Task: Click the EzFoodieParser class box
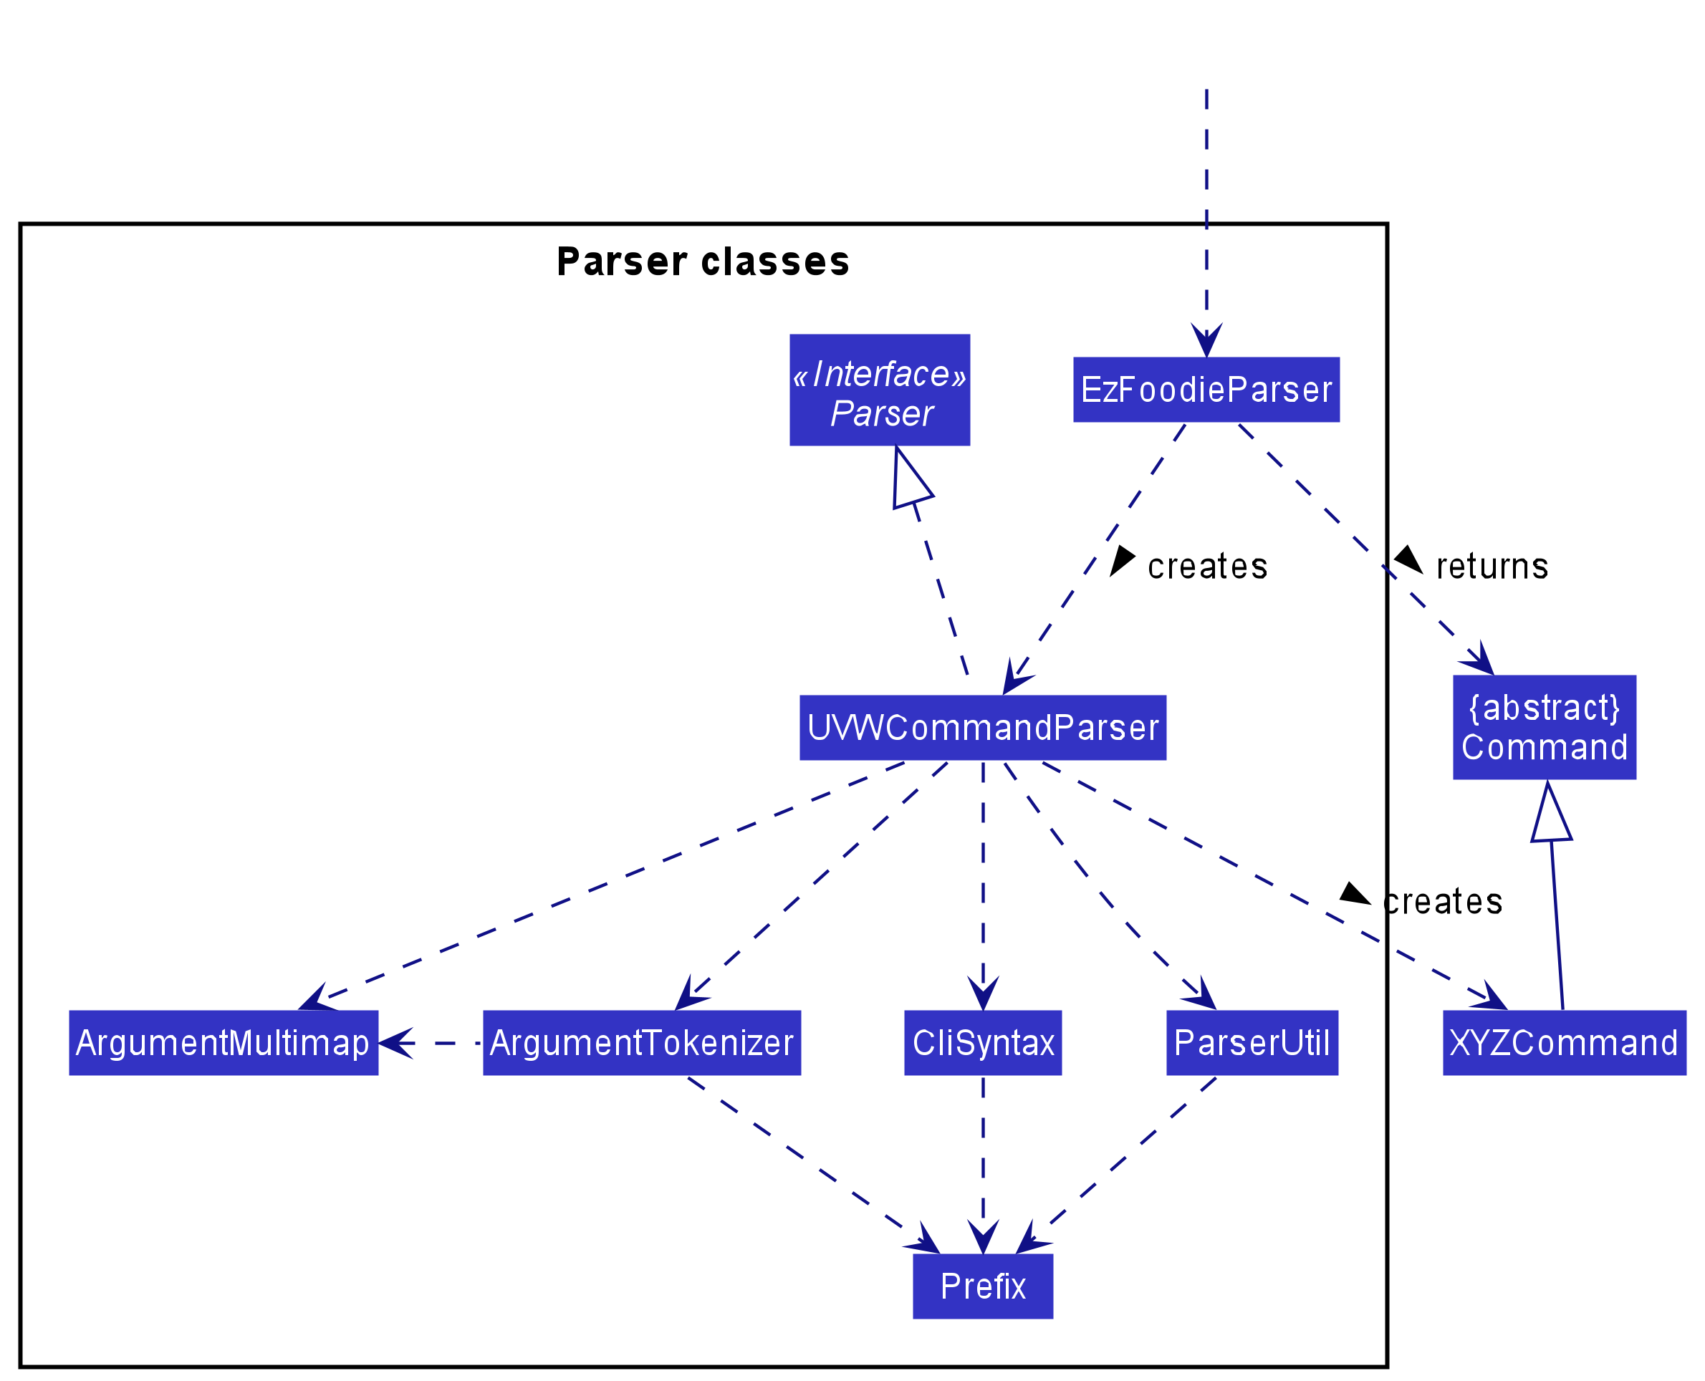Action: coord(1206,390)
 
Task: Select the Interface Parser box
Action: coord(879,390)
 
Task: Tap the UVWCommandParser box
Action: coord(983,728)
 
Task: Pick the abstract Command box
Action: coord(1545,727)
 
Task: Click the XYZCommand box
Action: coord(1564,1043)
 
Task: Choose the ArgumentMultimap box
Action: coord(224,1043)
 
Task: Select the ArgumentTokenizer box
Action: coord(641,1043)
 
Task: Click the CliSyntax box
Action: coord(983,1043)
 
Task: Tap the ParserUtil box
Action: coord(1252,1043)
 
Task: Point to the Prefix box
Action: coord(983,1286)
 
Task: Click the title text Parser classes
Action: coord(703,261)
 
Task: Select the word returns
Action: coord(1492,567)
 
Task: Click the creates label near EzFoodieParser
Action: coord(1207,567)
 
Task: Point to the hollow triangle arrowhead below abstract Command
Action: coord(1550,813)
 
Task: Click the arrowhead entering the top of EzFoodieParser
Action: coord(1206,342)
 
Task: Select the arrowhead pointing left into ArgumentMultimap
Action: coord(395,1043)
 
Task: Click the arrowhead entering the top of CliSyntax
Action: coord(983,994)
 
